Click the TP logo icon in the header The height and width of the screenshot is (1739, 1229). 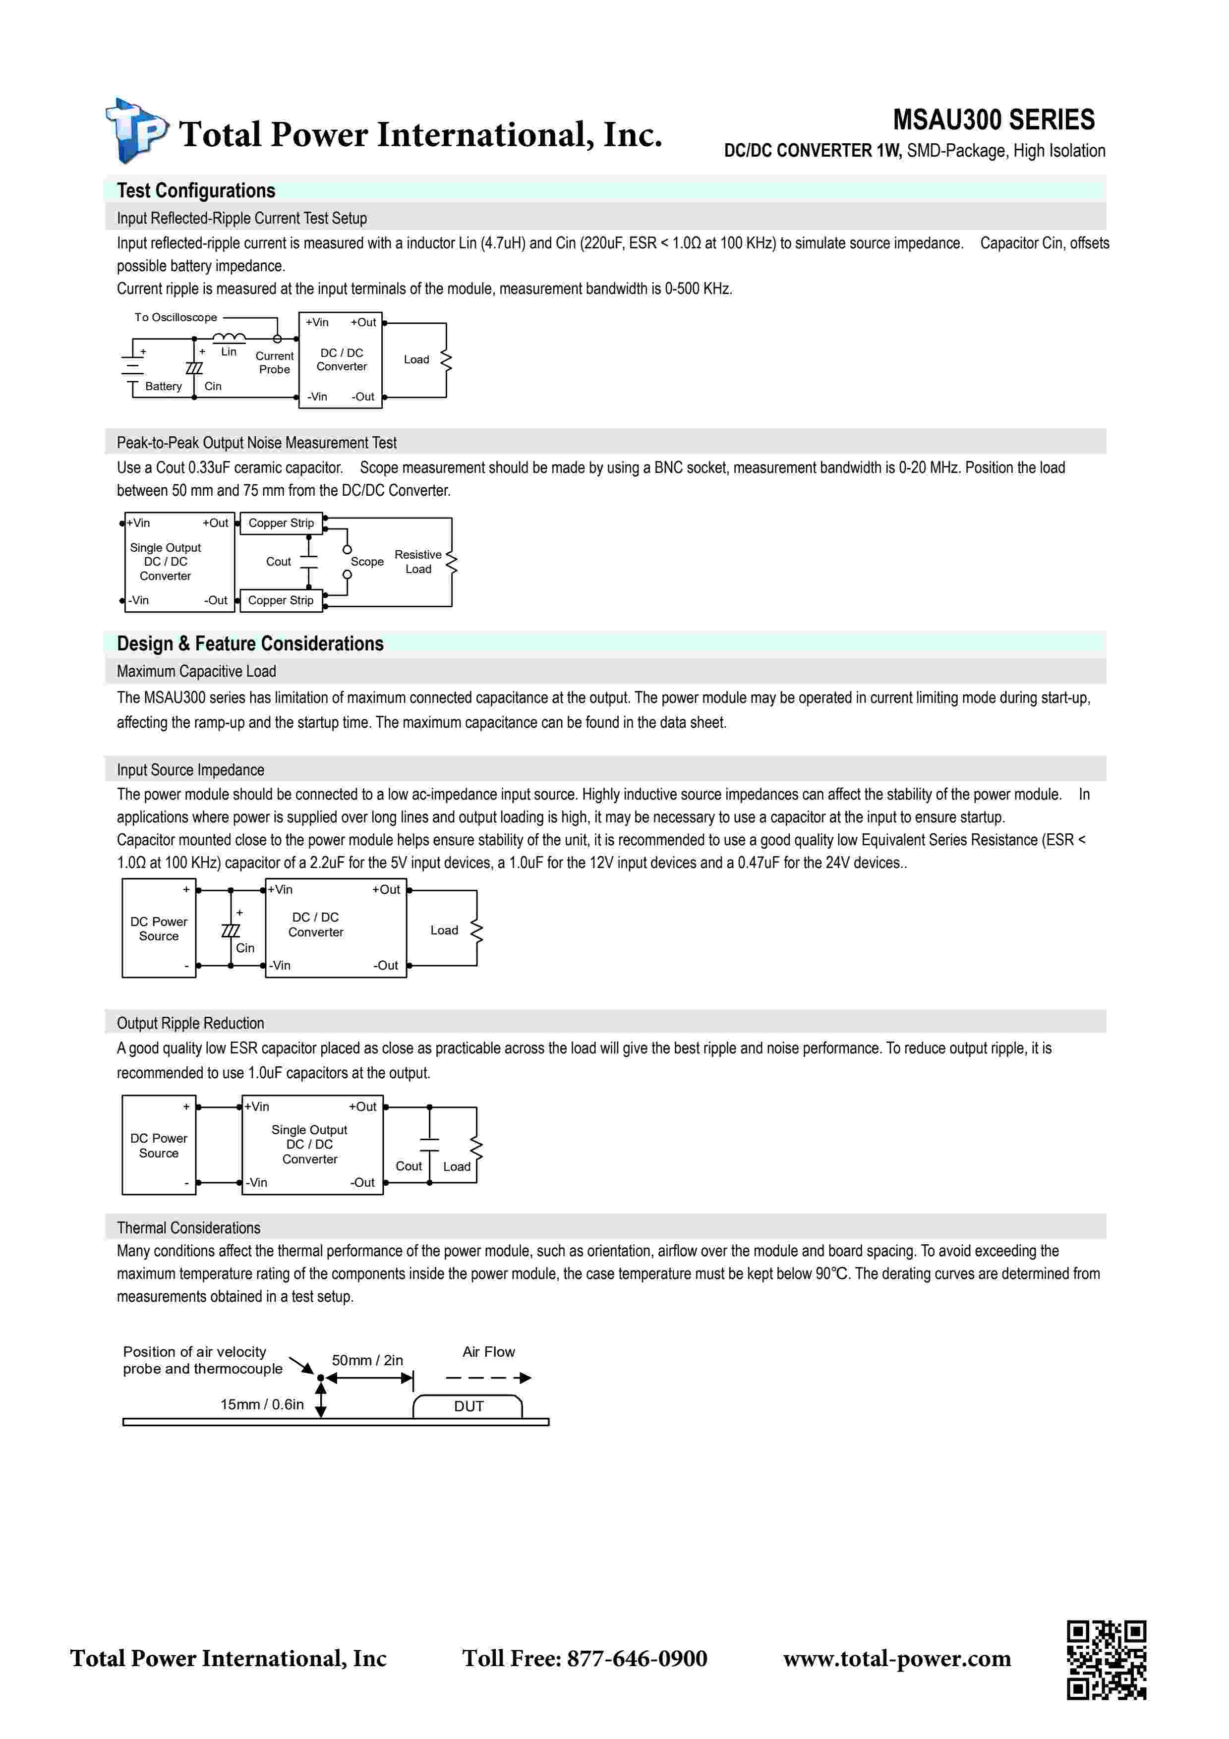point(135,131)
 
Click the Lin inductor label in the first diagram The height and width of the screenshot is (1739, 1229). point(229,351)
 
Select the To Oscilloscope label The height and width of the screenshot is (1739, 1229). point(176,317)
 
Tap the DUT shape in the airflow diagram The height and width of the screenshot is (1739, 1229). point(468,1406)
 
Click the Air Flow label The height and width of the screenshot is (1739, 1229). point(488,1352)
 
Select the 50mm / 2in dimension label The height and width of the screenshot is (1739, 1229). point(367,1360)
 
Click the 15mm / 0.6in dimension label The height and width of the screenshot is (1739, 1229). point(262,1404)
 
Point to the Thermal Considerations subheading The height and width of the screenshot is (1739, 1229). point(188,1228)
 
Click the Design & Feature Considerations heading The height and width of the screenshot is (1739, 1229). point(250,644)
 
